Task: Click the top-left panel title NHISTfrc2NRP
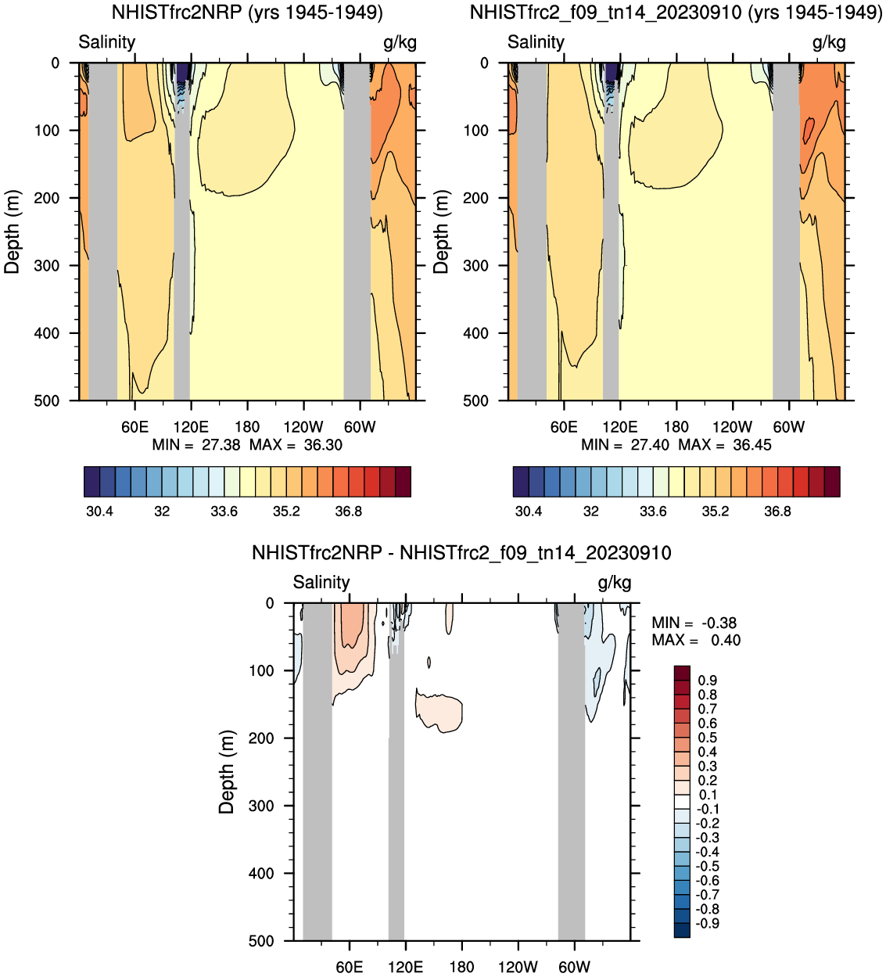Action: click(x=247, y=13)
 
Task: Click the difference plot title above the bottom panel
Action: click(x=461, y=553)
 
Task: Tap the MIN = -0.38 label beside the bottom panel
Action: click(x=694, y=623)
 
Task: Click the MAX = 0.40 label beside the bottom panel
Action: click(x=696, y=641)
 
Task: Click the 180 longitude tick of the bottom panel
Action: click(x=461, y=967)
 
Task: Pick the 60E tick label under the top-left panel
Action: click(x=135, y=427)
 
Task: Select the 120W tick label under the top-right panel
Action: click(x=732, y=427)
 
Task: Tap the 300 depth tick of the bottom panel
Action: click(x=261, y=806)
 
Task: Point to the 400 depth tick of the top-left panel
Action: click(x=47, y=333)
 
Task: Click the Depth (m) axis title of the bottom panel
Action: click(x=227, y=772)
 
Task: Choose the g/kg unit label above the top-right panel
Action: click(x=829, y=42)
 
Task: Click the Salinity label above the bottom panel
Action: click(x=321, y=583)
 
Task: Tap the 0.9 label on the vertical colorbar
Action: click(x=708, y=681)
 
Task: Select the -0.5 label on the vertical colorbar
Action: click(x=708, y=867)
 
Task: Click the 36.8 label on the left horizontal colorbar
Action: click(x=348, y=512)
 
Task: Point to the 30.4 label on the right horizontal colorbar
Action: click(x=529, y=512)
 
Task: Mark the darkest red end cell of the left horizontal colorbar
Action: click(x=403, y=482)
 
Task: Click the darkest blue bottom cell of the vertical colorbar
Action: click(x=682, y=930)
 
